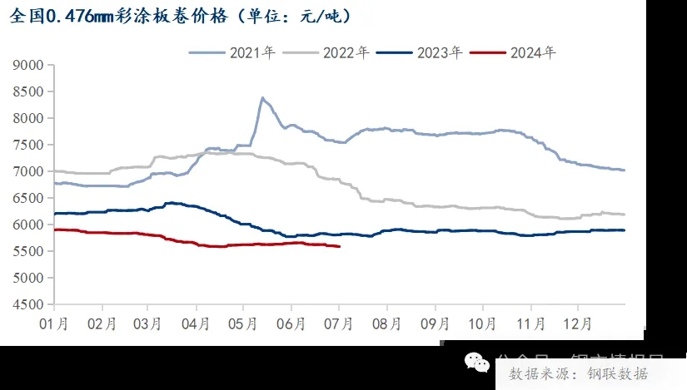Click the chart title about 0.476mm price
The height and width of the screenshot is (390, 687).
pyautogui.click(x=179, y=16)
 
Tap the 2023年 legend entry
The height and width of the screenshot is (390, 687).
pyautogui.click(x=420, y=52)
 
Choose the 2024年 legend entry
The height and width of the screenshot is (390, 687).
pyautogui.click(x=513, y=52)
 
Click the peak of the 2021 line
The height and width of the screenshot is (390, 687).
pyautogui.click(x=262, y=98)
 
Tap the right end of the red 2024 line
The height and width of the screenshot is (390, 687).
pyautogui.click(x=339, y=246)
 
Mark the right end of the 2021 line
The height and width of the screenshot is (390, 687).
pyautogui.click(x=624, y=170)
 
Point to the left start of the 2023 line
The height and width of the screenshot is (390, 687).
pyautogui.click(x=54, y=214)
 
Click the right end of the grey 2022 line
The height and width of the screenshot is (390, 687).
pyautogui.click(x=624, y=215)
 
